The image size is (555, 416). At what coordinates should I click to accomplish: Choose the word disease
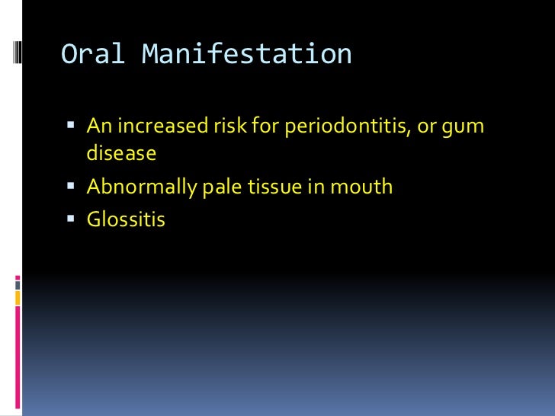(x=120, y=153)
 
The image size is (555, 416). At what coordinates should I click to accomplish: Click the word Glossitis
(x=125, y=221)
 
